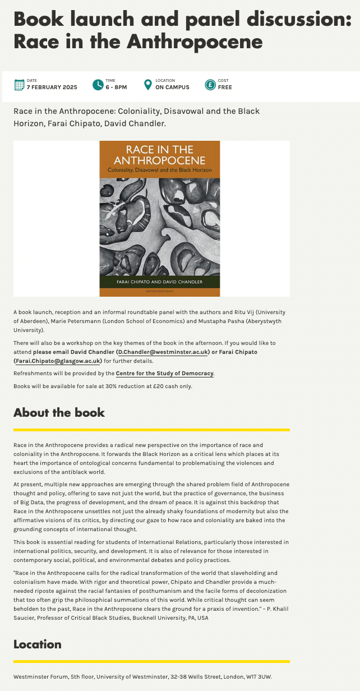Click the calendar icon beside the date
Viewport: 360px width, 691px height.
pos(19,85)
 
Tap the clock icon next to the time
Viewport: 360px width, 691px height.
pos(98,85)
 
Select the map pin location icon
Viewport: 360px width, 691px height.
pos(147,85)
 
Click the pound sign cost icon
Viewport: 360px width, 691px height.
pos(210,85)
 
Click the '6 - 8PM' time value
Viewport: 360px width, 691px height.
pos(116,87)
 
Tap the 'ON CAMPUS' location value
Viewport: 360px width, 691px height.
pos(172,87)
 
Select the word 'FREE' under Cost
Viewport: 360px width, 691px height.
pos(225,87)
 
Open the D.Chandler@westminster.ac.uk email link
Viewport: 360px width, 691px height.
pos(162,352)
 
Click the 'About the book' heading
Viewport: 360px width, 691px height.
pos(59,412)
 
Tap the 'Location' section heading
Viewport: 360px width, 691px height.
pos(37,644)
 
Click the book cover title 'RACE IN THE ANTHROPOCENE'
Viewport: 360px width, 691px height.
pos(160,154)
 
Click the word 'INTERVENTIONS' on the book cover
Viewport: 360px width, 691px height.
pos(160,292)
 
